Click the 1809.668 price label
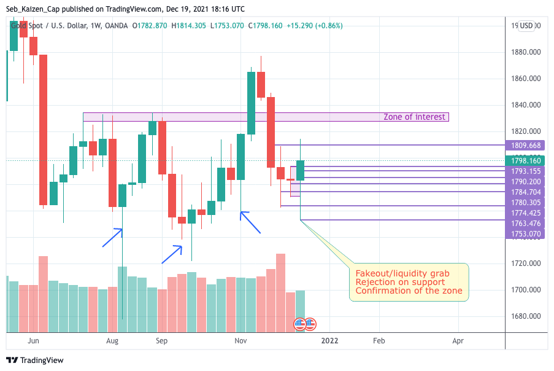tap(526, 146)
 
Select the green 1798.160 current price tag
tap(526, 160)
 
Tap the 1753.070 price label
tap(526, 234)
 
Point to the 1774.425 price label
tap(526, 213)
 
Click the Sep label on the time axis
tap(161, 340)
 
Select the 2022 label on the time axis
tap(329, 340)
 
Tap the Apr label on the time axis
tap(458, 340)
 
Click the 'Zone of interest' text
tap(414, 117)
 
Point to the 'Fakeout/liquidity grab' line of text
tap(402, 273)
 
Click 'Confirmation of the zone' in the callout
tap(409, 291)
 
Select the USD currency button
tap(527, 26)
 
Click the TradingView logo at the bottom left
tap(35, 360)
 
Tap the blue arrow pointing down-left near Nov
tap(250, 222)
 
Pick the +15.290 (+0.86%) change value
tap(314, 26)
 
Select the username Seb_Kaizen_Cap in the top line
tap(33, 9)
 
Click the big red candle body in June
tap(43, 130)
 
